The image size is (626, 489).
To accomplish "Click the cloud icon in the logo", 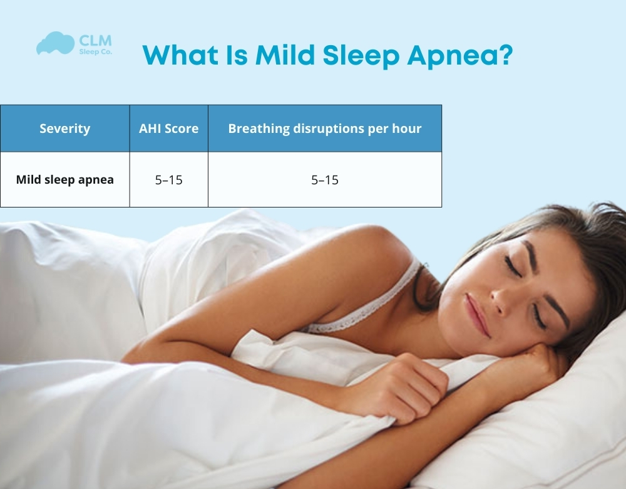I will pos(55,44).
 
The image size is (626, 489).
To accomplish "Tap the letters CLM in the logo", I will pos(96,40).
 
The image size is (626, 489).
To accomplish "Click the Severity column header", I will pos(65,129).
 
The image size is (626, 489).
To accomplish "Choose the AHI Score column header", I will pos(169,129).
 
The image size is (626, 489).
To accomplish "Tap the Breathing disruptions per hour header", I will pos(325,129).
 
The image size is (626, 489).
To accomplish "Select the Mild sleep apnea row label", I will pos(65,180).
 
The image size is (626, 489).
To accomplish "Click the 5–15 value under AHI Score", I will pos(169,180).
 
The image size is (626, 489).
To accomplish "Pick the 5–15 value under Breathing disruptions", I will pos(325,180).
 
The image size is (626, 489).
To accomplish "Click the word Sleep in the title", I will pos(361,56).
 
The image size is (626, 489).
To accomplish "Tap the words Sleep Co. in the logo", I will pos(96,53).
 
